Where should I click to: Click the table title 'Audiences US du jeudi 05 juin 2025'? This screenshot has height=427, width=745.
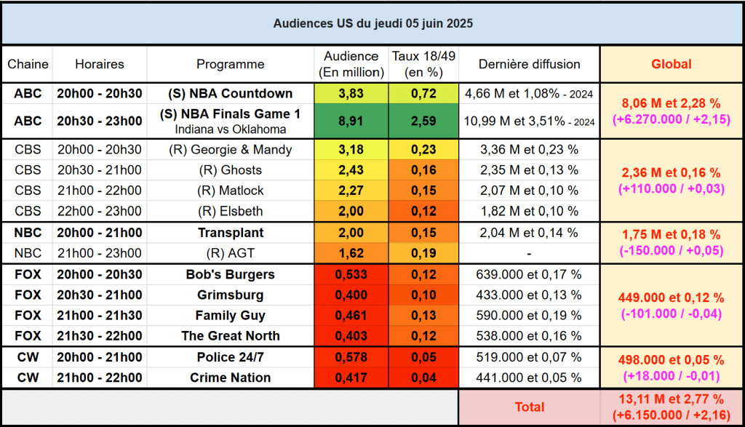(372, 23)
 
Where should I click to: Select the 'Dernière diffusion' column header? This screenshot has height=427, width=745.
(529, 64)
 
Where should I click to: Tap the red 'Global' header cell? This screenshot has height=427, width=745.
(671, 64)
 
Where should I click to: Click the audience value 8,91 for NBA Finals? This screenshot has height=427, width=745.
(351, 121)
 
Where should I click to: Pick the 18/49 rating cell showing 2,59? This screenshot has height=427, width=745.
(423, 121)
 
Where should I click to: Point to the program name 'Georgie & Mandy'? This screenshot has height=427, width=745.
(230, 150)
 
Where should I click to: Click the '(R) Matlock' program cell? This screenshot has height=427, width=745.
(230, 191)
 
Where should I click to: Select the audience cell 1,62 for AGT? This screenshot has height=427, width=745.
(351, 253)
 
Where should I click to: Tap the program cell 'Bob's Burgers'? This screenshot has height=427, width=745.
(230, 274)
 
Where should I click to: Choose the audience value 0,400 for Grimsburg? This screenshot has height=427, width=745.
(351, 295)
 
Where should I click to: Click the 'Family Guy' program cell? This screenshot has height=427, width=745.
(230, 316)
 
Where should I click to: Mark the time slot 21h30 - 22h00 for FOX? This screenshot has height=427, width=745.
(100, 336)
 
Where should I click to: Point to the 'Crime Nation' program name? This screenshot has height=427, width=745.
(230, 378)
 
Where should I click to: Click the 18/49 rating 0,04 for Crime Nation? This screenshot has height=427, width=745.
(423, 378)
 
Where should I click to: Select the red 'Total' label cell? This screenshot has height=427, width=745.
(529, 407)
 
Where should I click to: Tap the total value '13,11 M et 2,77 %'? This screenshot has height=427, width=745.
(671, 399)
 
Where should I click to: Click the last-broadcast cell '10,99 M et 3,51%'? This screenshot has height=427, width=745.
(529, 121)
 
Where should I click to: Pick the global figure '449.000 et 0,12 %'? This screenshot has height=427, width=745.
(671, 298)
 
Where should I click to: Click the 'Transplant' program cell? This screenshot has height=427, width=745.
(230, 233)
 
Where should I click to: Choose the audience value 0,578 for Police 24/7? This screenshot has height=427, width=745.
(351, 357)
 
